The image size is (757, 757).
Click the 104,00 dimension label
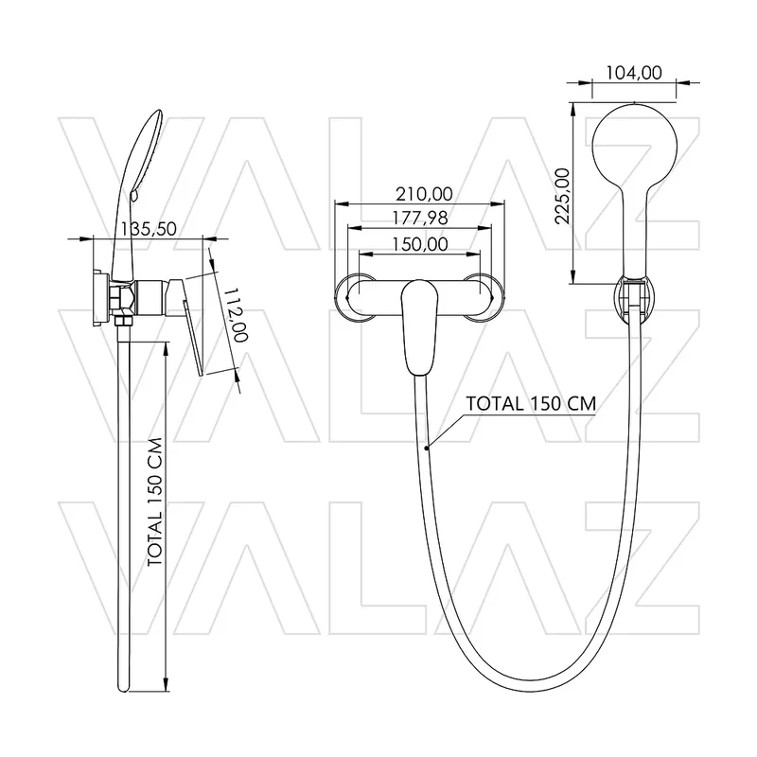(x=633, y=73)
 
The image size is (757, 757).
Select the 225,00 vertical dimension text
(x=562, y=196)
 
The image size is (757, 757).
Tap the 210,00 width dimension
(x=424, y=194)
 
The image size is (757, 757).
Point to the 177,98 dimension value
(x=419, y=219)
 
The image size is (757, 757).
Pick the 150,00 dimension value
(x=419, y=244)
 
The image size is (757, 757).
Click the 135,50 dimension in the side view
(x=149, y=229)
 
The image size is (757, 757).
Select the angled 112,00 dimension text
(x=238, y=315)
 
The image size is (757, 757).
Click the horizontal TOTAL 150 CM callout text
(x=531, y=404)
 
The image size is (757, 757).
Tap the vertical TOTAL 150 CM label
(x=155, y=502)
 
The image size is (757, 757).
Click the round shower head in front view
(x=634, y=145)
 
